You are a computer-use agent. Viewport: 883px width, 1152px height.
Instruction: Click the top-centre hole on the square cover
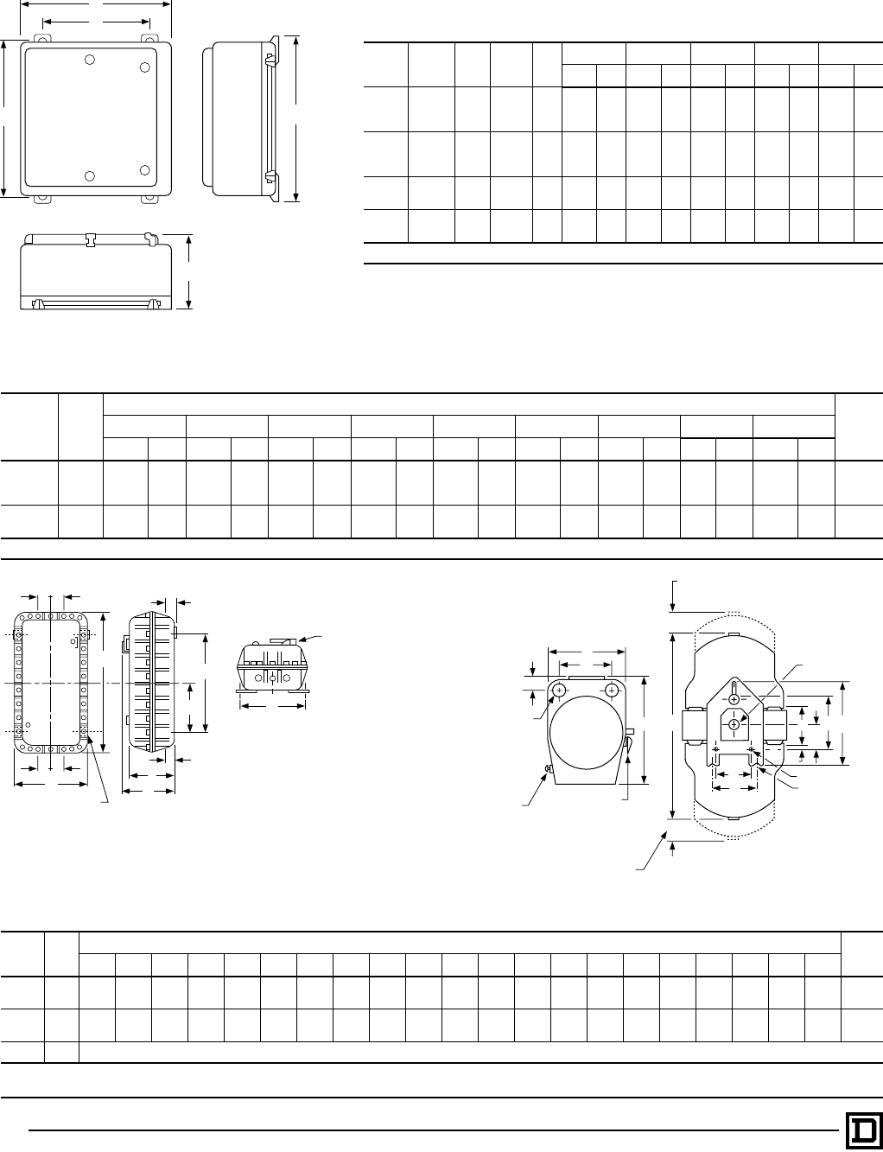tap(90, 60)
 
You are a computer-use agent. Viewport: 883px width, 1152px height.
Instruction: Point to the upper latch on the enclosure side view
tap(270, 60)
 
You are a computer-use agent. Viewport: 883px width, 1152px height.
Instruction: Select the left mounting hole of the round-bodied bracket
tap(559, 690)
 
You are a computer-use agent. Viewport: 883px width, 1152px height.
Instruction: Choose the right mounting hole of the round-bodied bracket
tap(612, 690)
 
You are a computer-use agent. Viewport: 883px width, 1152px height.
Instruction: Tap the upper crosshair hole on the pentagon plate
tap(733, 698)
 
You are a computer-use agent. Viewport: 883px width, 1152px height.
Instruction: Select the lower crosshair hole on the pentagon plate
tap(733, 723)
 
